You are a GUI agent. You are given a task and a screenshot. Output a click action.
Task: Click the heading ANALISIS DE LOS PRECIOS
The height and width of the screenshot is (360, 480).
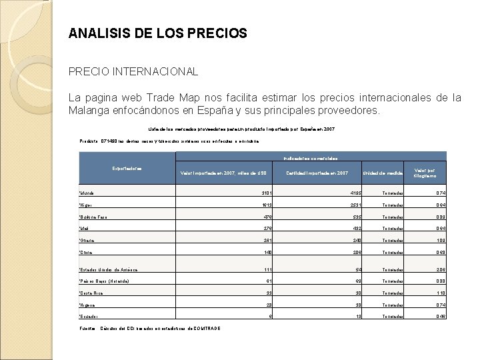pyautogui.click(x=157, y=33)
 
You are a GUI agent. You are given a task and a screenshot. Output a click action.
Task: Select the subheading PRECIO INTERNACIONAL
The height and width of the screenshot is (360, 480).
pyautogui.click(x=133, y=71)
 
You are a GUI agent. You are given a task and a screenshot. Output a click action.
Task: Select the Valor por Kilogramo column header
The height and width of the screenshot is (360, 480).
pyautogui.click(x=425, y=173)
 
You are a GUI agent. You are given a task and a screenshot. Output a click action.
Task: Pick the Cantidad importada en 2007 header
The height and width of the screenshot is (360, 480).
pyautogui.click(x=317, y=173)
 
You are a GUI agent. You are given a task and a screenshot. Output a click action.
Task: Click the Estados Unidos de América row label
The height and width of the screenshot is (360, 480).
pyautogui.click(x=108, y=269)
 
